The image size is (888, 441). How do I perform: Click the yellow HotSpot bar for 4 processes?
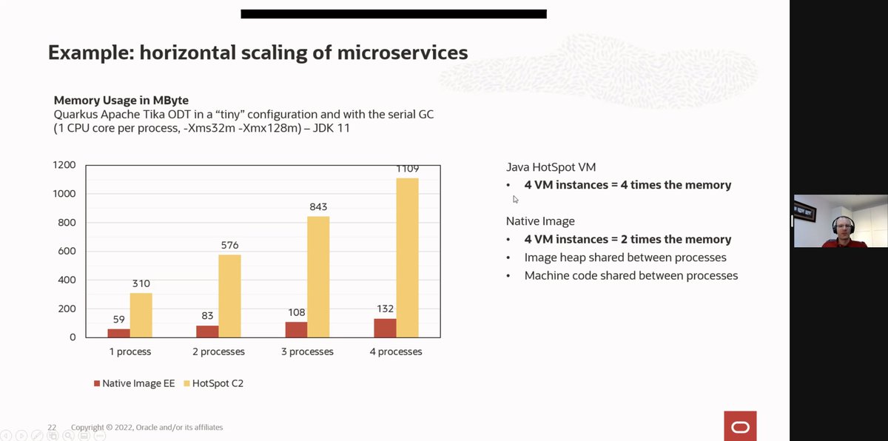pyautogui.click(x=407, y=257)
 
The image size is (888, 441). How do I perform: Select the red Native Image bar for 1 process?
pyautogui.click(x=118, y=333)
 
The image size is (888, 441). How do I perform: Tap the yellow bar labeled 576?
pyautogui.click(x=229, y=296)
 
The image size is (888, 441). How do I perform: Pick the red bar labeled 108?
pyautogui.click(x=296, y=330)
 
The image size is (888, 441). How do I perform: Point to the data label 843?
pyautogui.click(x=318, y=207)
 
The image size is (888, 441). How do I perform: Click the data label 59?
pyautogui.click(x=119, y=320)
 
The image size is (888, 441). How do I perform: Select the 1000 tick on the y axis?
pyautogui.click(x=64, y=194)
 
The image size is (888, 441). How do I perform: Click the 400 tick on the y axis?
pyautogui.click(x=67, y=280)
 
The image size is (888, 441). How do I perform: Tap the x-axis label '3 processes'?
pyautogui.click(x=307, y=351)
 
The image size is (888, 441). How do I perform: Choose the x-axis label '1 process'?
pyautogui.click(x=130, y=351)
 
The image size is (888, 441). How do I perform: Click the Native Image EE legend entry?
pyautogui.click(x=135, y=383)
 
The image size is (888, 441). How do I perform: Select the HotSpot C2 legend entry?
pyautogui.click(x=214, y=383)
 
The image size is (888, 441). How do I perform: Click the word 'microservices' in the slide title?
pyautogui.click(x=403, y=53)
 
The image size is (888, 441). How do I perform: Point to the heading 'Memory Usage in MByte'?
pyautogui.click(x=121, y=100)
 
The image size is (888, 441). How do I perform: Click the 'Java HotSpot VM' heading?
pyautogui.click(x=551, y=167)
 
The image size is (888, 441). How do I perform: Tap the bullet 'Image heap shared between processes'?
pyautogui.click(x=625, y=257)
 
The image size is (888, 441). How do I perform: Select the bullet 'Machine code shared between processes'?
pyautogui.click(x=631, y=276)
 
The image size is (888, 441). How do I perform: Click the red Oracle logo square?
pyautogui.click(x=740, y=426)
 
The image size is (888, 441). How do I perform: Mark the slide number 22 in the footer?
pyautogui.click(x=52, y=427)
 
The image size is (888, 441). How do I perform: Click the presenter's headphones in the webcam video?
pyautogui.click(x=843, y=224)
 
